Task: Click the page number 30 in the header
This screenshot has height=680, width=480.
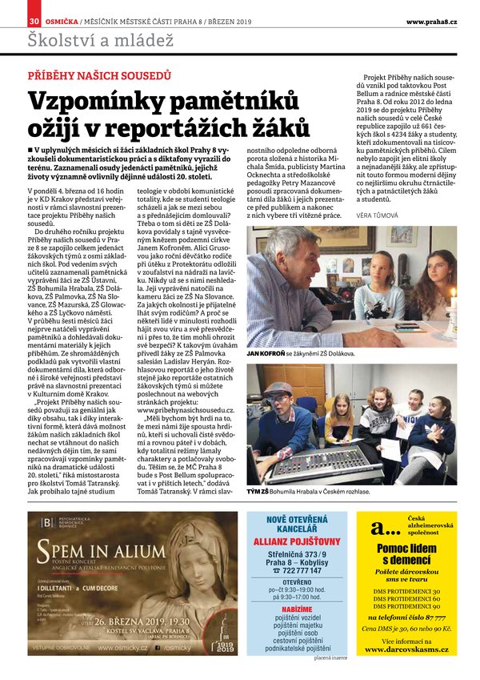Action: [34, 21]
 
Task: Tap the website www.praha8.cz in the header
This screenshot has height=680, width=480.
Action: [431, 21]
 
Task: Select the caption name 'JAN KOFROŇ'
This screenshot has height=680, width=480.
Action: [266, 353]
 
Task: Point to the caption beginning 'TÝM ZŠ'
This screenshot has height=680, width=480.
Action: [258, 490]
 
